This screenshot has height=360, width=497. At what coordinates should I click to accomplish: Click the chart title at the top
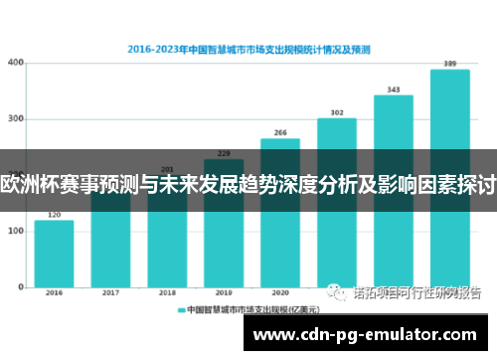pyautogui.click(x=249, y=46)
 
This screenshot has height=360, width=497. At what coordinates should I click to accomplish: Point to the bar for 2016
pyautogui.click(x=54, y=254)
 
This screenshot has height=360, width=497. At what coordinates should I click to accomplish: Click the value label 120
pyautogui.click(x=54, y=214)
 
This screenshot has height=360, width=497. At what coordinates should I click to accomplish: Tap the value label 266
pyautogui.click(x=280, y=132)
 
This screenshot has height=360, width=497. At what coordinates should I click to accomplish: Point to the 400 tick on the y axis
pyautogui.click(x=16, y=63)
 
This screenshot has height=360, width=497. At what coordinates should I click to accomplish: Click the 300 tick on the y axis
pyautogui.click(x=16, y=119)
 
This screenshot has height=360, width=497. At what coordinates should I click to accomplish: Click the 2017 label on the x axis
pyautogui.click(x=110, y=293)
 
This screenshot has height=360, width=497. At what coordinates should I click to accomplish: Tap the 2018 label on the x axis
pyautogui.click(x=167, y=293)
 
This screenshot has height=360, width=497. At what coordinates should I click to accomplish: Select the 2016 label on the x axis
pyautogui.click(x=54, y=293)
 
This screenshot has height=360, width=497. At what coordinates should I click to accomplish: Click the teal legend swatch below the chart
pyautogui.click(x=182, y=310)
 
